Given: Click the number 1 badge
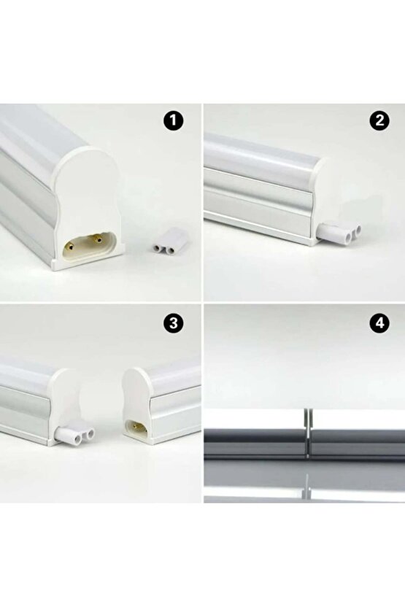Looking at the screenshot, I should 173,121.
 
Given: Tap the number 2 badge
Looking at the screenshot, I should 378,121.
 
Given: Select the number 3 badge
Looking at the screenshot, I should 173,322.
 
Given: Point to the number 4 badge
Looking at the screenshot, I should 378,322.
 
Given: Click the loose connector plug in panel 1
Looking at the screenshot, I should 167,247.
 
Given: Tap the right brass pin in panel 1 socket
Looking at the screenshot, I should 96,236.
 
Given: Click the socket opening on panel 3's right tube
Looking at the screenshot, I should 135,426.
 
